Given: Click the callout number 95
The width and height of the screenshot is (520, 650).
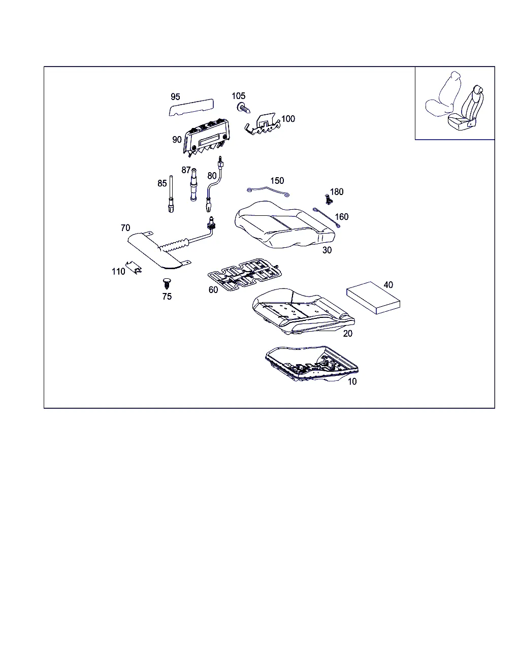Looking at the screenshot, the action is (175, 96).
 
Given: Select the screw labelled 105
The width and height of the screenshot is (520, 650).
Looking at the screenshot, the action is (244, 108).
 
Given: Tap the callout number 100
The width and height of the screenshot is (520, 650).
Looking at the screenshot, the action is (288, 119).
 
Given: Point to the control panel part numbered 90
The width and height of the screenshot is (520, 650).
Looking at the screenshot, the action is (206, 138).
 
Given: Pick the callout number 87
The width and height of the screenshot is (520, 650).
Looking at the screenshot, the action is (186, 170).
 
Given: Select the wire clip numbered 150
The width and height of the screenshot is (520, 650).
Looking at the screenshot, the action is (268, 191).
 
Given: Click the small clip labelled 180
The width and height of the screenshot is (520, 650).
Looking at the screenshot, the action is (329, 200).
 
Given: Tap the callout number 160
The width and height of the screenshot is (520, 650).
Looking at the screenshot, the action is (342, 216).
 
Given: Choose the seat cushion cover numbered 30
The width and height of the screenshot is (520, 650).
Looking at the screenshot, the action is (284, 225).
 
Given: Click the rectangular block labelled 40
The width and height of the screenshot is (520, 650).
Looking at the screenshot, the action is (373, 298).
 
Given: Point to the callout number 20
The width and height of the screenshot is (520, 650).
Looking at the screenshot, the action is (348, 334).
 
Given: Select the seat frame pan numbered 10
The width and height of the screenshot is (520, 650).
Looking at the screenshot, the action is (312, 364).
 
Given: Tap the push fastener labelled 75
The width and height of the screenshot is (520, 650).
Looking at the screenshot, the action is (167, 284).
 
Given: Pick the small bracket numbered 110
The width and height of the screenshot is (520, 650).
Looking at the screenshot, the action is (134, 267).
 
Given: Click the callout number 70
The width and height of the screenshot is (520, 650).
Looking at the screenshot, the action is (125, 227).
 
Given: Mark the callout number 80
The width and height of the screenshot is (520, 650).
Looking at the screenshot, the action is (212, 176).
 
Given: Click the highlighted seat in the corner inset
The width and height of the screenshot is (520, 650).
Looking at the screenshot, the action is (466, 109).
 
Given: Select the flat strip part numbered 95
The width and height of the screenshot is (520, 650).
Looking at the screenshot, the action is (191, 107).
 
